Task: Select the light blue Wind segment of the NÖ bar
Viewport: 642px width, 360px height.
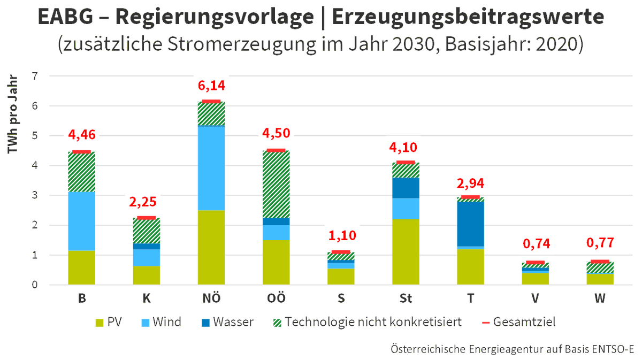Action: pyautogui.click(x=211, y=167)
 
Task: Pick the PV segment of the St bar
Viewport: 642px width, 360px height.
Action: pyautogui.click(x=405, y=251)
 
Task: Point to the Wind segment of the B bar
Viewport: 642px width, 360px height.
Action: pyautogui.click(x=81, y=221)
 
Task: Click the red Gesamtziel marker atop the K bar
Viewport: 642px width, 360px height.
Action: pyautogui.click(x=146, y=218)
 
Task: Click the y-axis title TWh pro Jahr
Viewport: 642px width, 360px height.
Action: pyautogui.click(x=13, y=114)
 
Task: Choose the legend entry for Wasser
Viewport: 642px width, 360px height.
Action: pyautogui.click(x=227, y=322)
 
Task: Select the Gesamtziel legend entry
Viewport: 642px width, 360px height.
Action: pyautogui.click(x=518, y=322)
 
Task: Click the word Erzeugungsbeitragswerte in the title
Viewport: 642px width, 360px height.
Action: pyautogui.click(x=469, y=18)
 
